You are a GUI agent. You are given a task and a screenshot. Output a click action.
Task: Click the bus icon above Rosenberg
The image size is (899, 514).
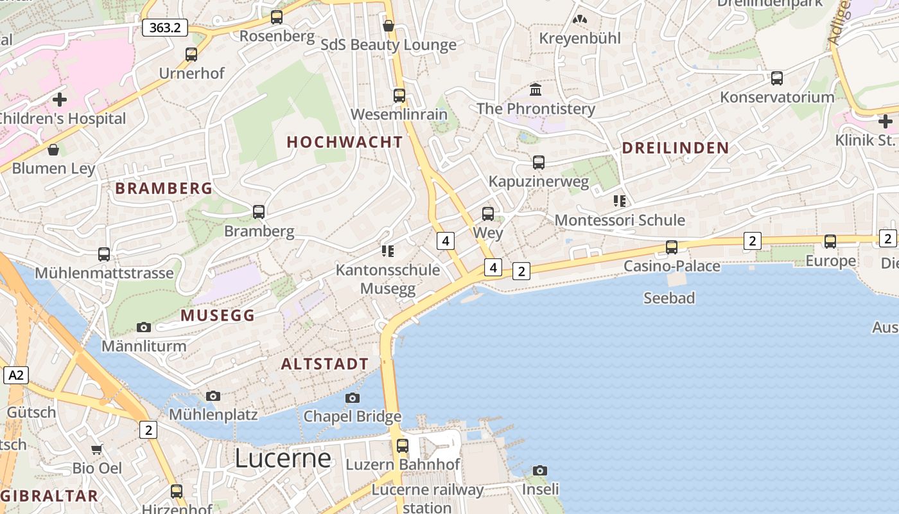coord(277,17)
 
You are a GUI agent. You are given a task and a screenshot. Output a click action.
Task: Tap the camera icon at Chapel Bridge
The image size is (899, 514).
coord(353,398)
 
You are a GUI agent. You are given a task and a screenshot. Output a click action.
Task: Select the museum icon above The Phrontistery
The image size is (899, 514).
coord(536,89)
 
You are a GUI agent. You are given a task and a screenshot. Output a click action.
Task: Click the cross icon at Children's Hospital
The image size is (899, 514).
coord(60,100)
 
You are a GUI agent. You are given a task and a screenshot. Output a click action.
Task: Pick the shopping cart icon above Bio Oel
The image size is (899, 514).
coord(97,449)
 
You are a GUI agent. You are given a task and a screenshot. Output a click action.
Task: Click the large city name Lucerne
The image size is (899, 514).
coord(283,458)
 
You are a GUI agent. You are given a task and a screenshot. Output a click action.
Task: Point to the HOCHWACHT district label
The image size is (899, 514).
coord(345,142)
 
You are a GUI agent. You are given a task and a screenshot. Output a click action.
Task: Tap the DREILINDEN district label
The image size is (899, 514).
coord(676,148)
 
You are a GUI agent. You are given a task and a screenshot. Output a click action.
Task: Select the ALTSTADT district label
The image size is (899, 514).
coord(325,364)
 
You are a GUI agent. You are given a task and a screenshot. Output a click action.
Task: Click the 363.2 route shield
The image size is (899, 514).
coord(165,28)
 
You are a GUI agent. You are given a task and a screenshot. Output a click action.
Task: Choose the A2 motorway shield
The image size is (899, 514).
coord(16,375)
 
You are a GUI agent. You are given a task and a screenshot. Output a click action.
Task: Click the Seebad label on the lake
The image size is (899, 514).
coord(669,298)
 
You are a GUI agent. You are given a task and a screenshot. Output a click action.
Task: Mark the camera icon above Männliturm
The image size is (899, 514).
coord(144,328)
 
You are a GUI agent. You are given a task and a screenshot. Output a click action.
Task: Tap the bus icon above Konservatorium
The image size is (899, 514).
coord(777,78)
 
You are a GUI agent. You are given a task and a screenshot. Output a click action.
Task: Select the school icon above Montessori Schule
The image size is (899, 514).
coord(620,201)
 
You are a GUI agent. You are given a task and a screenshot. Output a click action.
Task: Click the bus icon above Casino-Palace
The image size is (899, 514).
coord(672,247)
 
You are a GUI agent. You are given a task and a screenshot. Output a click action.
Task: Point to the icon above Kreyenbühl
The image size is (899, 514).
coord(580,20)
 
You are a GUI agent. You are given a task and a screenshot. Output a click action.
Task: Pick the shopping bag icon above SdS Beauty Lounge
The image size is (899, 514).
coord(388,26)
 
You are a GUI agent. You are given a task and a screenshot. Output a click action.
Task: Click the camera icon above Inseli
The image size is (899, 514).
coord(540,470)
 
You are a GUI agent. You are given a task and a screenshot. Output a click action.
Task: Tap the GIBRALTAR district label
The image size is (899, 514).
coord(49,496)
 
